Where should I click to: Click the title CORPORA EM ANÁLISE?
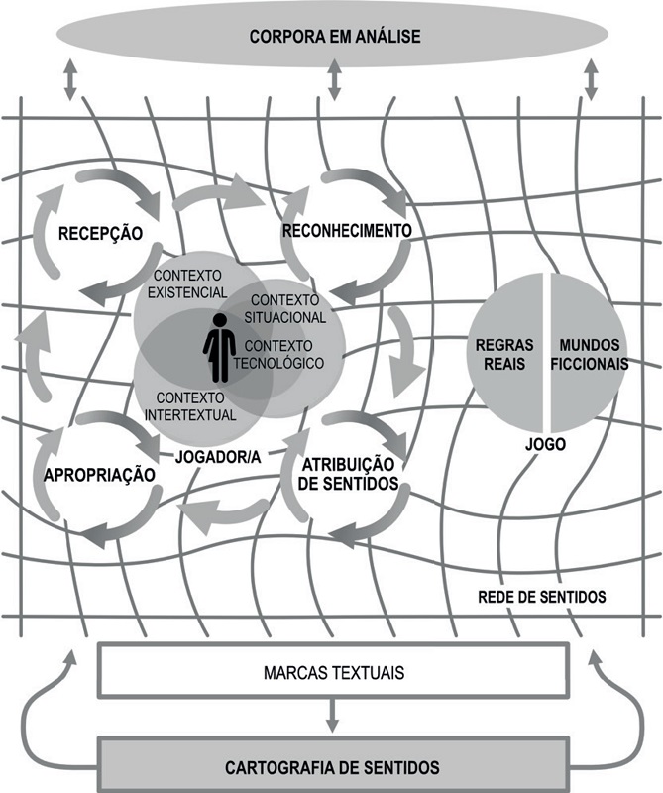[335, 37]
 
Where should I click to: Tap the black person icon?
[219, 348]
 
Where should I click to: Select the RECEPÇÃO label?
[101, 234]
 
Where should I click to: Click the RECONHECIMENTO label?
[347, 231]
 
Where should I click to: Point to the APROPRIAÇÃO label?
[99, 476]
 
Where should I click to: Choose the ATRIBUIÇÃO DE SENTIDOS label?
[349, 474]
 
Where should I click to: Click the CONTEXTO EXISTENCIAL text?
[187, 284]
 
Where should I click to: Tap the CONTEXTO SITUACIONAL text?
[285, 309]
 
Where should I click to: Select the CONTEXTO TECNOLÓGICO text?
[278, 355]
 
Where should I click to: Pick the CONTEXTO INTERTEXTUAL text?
[190, 406]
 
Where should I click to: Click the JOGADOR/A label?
[218, 457]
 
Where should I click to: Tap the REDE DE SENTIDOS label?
[542, 597]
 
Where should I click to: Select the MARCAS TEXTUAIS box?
[333, 671]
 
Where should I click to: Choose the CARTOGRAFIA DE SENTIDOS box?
[333, 766]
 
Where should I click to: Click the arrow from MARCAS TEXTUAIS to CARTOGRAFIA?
[332, 716]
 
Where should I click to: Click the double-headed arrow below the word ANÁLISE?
[334, 80]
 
